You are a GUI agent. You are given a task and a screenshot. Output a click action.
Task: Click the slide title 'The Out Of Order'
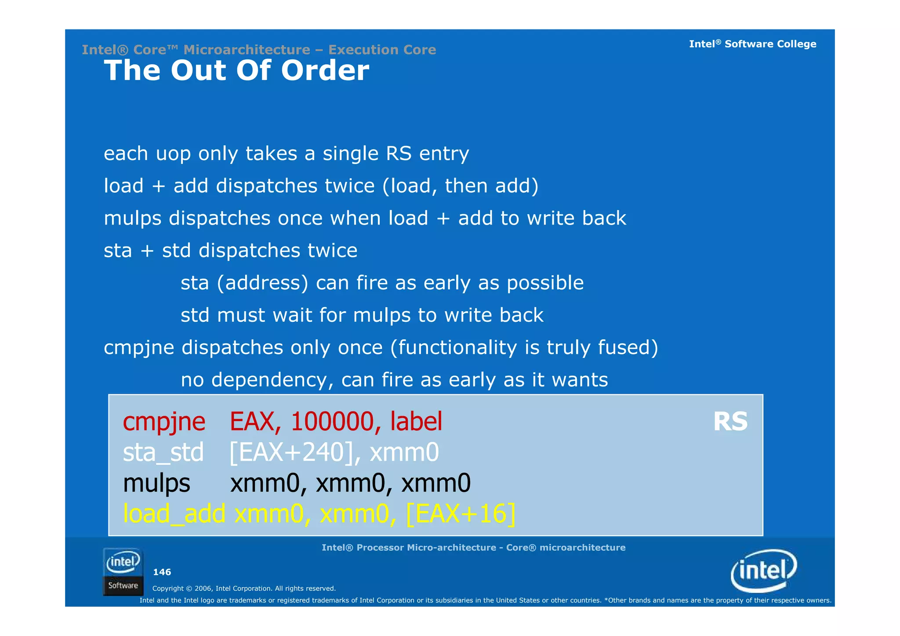236,71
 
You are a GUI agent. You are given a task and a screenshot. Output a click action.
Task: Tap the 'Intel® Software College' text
752,44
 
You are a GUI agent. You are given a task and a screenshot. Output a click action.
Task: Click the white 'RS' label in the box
730,422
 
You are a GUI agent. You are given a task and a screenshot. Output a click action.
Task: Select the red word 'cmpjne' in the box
164,422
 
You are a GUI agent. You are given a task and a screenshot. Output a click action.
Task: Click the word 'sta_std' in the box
163,453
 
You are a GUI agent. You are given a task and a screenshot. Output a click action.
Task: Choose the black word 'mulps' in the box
156,483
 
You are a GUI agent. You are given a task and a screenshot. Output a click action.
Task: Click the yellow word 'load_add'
174,513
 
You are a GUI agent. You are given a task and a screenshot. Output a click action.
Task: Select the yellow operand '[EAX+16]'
461,513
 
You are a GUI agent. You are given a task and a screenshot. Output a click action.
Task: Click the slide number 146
162,572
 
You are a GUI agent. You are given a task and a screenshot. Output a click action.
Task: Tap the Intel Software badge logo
123,571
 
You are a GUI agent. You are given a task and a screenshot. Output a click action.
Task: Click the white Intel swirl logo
764,571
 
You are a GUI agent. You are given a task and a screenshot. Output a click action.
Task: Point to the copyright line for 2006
244,589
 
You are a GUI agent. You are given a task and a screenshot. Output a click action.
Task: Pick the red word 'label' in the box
416,422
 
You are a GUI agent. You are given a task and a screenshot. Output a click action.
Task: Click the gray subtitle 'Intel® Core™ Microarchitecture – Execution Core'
259,50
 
